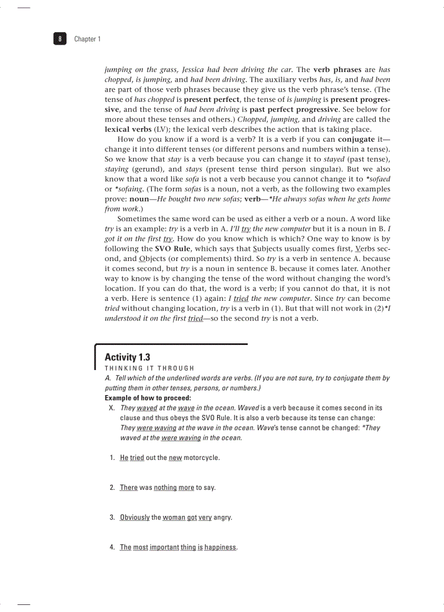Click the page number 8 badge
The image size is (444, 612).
pyautogui.click(x=60, y=39)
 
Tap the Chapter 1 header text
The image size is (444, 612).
pyautogui.click(x=87, y=39)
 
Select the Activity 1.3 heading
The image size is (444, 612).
pyautogui.click(x=127, y=357)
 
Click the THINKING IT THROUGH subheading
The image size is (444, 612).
pyautogui.click(x=149, y=368)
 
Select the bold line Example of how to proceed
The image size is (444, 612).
pyautogui.click(x=144, y=398)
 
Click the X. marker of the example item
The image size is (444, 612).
pyautogui.click(x=112, y=408)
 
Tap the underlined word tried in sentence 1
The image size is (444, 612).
pyautogui.click(x=137, y=457)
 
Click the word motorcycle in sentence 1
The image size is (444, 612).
pyautogui.click(x=201, y=457)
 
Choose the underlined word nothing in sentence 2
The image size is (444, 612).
pyautogui.click(x=165, y=487)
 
